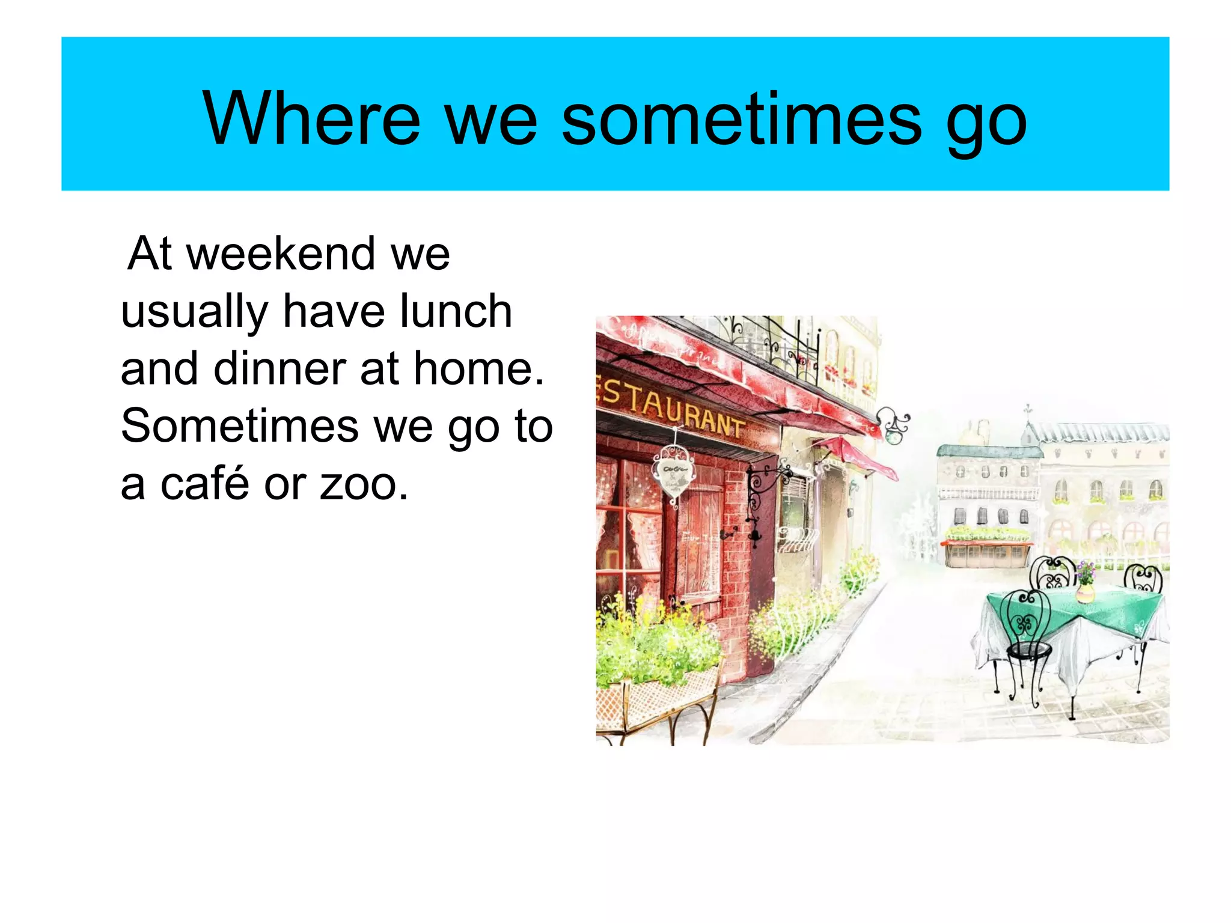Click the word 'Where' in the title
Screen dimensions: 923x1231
click(x=311, y=118)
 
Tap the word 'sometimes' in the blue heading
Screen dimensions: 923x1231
click(x=741, y=118)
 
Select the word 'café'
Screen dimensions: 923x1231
click(x=204, y=484)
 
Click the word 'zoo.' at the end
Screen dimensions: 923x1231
click(x=364, y=484)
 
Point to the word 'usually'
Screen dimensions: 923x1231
click(x=194, y=312)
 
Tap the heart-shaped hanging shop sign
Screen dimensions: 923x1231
click(x=674, y=474)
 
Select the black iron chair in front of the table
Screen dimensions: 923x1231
click(x=1028, y=637)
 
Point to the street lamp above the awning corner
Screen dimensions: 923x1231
click(x=894, y=426)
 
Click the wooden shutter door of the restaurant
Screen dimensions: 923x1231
click(x=700, y=541)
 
